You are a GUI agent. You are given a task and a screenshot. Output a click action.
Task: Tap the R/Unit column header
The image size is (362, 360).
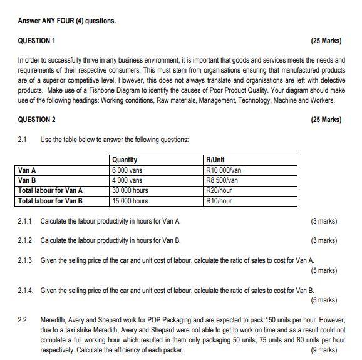[x=216, y=160]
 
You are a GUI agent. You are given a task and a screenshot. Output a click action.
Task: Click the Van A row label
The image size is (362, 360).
[x=28, y=170]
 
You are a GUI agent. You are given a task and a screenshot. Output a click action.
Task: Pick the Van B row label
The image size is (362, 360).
[x=28, y=180]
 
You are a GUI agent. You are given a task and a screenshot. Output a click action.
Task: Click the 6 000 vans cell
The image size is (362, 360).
[x=128, y=170]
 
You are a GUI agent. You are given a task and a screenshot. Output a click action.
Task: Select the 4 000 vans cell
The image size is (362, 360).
[x=128, y=180]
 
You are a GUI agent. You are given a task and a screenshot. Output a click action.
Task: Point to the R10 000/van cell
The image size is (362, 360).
[x=224, y=170]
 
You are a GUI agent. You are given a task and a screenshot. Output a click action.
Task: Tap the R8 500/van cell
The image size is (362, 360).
[x=222, y=180]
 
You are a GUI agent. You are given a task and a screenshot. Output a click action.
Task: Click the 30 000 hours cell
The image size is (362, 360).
[x=130, y=190]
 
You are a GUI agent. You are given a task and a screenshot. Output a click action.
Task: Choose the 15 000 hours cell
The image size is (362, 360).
[x=130, y=201]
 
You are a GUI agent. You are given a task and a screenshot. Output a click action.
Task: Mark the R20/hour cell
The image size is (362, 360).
[x=219, y=190]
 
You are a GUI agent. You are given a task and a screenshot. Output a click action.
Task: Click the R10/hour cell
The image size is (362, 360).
[x=219, y=201]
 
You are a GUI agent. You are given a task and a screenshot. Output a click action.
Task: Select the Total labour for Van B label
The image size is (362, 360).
[x=51, y=201]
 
